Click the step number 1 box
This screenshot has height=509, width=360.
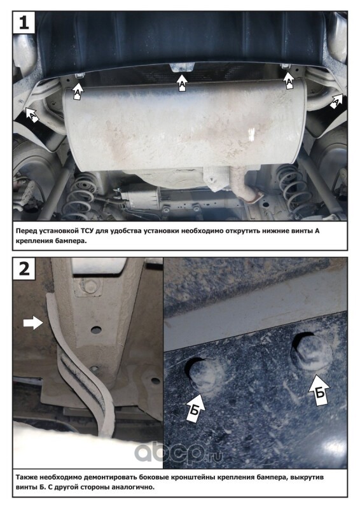[x=24, y=22]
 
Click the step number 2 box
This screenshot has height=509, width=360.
[x=24, y=268]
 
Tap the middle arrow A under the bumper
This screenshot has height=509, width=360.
[x=183, y=83]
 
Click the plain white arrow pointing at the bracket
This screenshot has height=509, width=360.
[x=33, y=323]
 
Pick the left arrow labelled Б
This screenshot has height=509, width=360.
[x=195, y=408]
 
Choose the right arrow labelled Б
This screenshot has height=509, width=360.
[x=319, y=390]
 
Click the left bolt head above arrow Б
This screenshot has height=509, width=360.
[x=205, y=373]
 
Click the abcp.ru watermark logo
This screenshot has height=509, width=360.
[x=179, y=453]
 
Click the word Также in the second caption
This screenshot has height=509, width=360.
[x=26, y=478]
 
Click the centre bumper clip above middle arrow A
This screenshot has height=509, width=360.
[x=181, y=68]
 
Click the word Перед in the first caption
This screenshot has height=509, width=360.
[x=26, y=231]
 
